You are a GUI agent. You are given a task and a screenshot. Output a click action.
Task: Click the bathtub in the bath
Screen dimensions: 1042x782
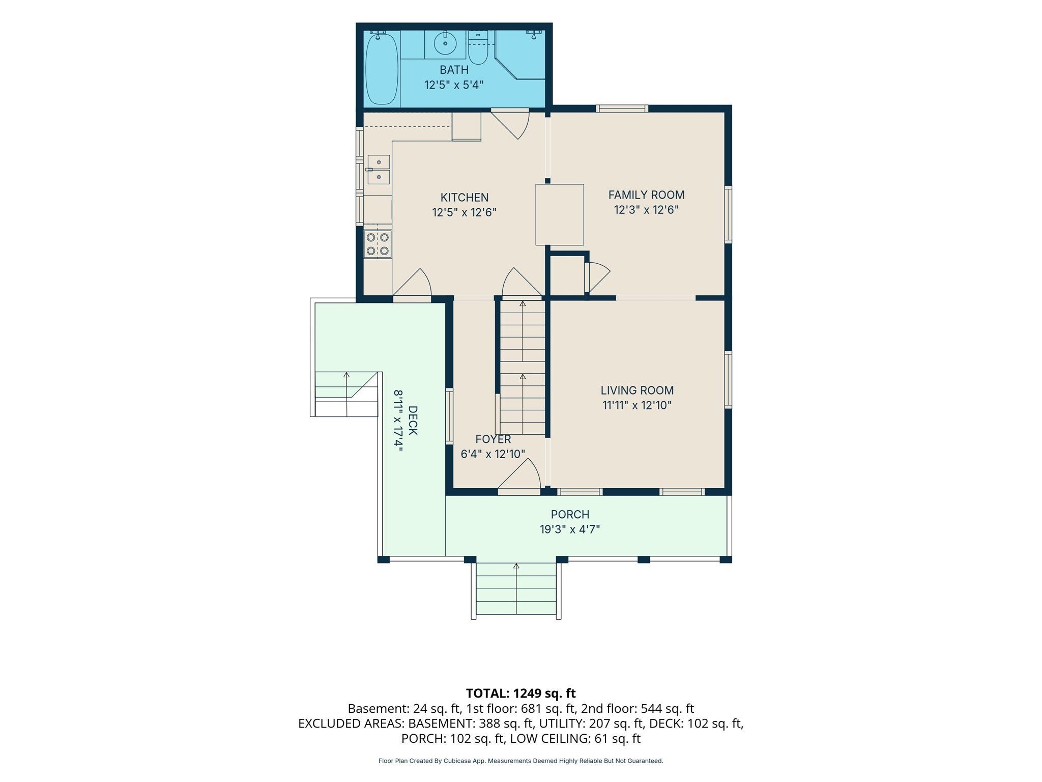point(382,69)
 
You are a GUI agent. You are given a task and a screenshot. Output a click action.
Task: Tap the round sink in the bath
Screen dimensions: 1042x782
point(445,43)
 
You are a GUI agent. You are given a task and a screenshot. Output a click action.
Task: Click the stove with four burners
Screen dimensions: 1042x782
point(378,244)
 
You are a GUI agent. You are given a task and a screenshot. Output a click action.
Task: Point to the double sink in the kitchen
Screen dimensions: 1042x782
point(379,170)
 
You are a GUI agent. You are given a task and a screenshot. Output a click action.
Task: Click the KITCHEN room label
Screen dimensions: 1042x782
point(464,198)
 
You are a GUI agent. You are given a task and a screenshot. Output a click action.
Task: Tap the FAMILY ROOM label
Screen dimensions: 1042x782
point(646,195)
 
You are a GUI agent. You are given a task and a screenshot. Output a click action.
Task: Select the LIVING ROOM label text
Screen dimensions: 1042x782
point(637,390)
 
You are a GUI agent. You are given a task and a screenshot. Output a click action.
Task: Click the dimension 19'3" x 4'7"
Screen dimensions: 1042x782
point(570,529)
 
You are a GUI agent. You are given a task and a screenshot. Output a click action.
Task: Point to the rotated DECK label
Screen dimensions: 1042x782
point(413,421)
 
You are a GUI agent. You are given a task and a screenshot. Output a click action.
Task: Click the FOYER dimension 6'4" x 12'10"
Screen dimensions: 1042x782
point(493,454)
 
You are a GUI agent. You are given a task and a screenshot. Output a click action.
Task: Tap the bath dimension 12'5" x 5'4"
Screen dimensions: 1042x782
point(454,85)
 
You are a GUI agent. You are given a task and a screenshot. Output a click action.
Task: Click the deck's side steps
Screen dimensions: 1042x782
point(346,394)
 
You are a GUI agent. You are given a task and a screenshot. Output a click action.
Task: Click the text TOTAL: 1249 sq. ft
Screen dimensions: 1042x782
point(520,693)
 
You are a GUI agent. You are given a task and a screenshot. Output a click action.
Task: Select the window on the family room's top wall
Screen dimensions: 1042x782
point(622,108)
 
